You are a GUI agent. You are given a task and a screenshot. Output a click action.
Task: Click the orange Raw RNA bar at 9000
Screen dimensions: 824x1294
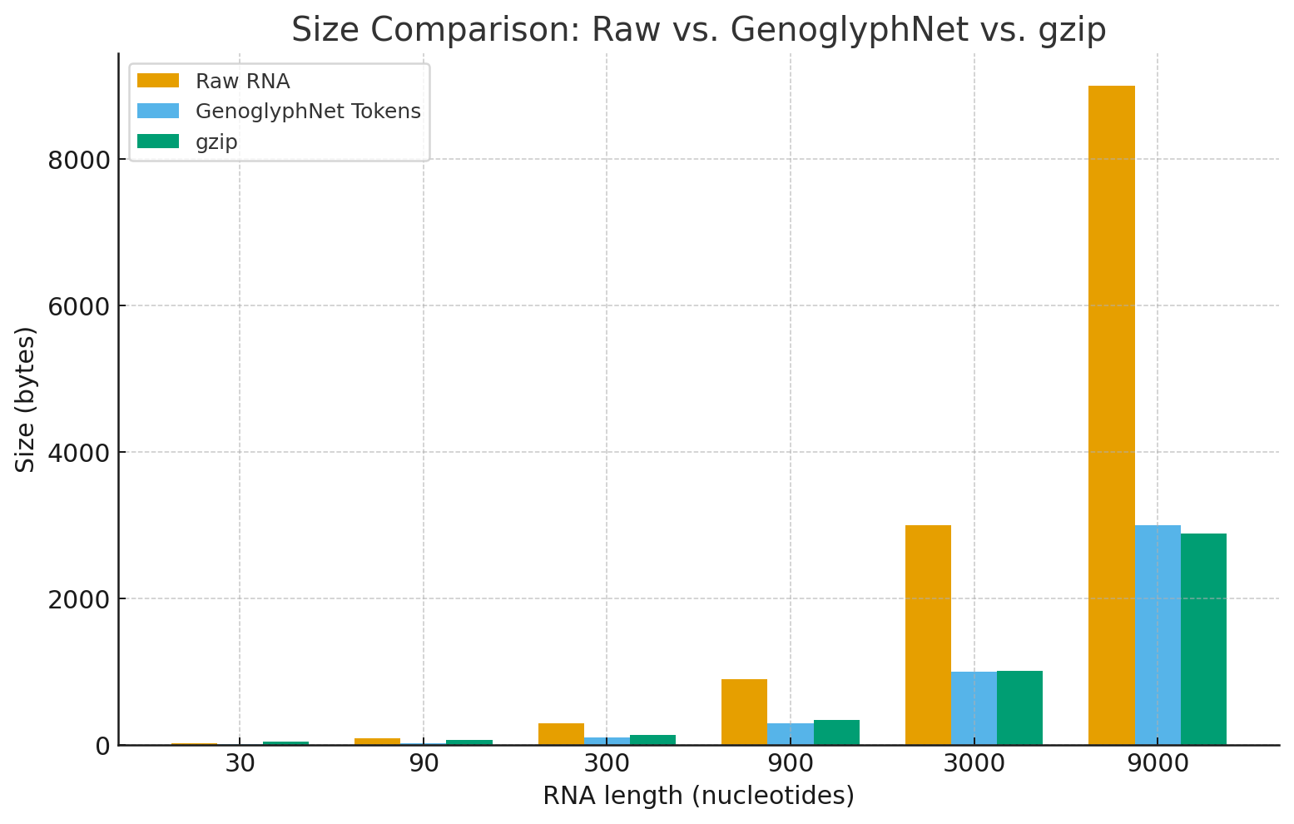(1111, 416)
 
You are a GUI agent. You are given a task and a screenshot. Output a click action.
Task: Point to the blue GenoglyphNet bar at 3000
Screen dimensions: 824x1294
(974, 708)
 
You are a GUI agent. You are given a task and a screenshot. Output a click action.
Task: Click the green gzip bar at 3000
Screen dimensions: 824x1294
(1019, 707)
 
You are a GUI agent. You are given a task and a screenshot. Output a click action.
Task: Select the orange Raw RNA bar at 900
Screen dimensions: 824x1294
(744, 712)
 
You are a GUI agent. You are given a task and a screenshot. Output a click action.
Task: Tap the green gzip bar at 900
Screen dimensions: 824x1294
(836, 732)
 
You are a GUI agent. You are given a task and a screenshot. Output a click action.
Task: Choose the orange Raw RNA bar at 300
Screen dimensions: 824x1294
(561, 734)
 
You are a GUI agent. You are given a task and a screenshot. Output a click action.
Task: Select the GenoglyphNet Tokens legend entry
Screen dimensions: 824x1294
(308, 112)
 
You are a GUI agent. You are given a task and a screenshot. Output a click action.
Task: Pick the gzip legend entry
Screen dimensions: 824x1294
(216, 142)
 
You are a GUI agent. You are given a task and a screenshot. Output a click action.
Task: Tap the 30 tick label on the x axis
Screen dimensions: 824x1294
(240, 764)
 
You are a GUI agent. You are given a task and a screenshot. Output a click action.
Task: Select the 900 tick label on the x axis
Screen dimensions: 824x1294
(790, 764)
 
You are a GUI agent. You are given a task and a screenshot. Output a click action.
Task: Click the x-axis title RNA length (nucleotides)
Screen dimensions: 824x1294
(698, 797)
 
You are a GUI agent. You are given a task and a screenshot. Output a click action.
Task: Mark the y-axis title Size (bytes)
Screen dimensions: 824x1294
(26, 400)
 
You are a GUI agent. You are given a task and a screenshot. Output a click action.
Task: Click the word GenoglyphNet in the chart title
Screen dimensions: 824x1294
(850, 31)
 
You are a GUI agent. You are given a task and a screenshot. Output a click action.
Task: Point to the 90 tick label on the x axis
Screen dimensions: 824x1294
(424, 764)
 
